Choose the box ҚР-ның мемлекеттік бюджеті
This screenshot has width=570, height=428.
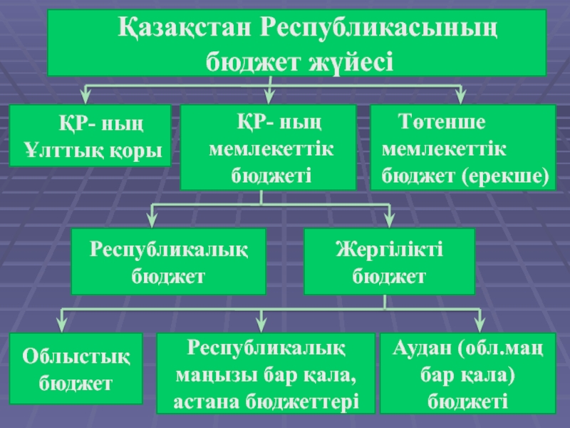tap(268, 147)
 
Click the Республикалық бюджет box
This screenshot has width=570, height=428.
tap(168, 261)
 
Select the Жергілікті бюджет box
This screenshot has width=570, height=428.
tap(389, 261)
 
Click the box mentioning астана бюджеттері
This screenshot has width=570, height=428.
tap(266, 372)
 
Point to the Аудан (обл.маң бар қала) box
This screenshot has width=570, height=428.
tap(468, 372)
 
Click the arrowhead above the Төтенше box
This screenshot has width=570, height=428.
tap(460, 96)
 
